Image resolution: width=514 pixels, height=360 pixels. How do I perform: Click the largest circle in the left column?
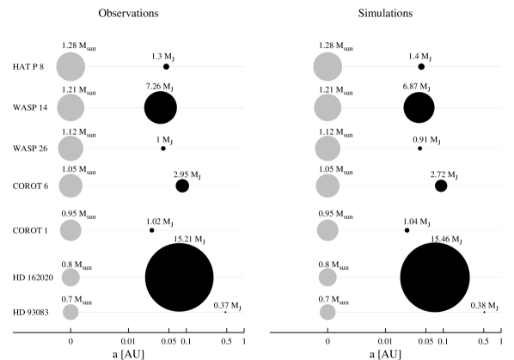point(70,66)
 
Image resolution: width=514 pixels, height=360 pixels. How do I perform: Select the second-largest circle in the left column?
point(70,107)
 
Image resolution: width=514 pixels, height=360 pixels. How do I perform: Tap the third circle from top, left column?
point(70,149)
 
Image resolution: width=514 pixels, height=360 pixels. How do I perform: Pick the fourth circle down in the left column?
point(70,185)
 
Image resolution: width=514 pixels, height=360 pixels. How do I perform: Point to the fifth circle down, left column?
point(70,230)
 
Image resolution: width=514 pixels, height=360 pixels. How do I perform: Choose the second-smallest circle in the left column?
point(70,277)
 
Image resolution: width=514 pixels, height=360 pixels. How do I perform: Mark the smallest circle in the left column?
point(70,312)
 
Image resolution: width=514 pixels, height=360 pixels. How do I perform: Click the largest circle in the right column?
point(327,66)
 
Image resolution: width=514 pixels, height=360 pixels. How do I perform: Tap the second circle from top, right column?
point(327,107)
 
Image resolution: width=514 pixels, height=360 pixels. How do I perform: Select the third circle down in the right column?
point(327,149)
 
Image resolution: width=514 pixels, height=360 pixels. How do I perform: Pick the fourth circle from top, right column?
point(327,185)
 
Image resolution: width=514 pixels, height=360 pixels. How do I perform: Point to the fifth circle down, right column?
point(327,230)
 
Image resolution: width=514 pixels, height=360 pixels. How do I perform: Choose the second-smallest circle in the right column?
point(327,277)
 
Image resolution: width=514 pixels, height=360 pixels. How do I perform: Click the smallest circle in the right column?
point(327,312)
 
